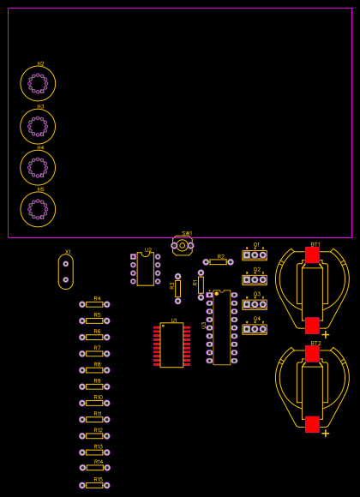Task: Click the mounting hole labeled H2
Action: tap(38, 83)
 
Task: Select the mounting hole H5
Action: tap(38, 209)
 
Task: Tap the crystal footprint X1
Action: tap(66, 272)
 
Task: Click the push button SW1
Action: tap(182, 245)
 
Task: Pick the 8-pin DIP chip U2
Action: tap(146, 269)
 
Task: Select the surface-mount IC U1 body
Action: tap(171, 345)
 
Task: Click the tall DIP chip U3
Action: tap(222, 328)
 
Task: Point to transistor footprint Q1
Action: tap(255, 255)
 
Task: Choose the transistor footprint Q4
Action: tap(255, 329)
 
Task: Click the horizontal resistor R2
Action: tap(219, 262)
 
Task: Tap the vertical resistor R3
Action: tap(178, 289)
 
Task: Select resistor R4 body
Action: tap(94, 304)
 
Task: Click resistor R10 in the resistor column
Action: tap(94, 403)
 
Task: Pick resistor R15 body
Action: tap(94, 485)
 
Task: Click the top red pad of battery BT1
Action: tap(312, 255)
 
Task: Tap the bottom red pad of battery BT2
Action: tap(312, 424)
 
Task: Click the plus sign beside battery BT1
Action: tap(326, 335)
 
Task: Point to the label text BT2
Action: tap(315, 343)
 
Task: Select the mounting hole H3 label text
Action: tap(40, 107)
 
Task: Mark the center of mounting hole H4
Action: tap(38, 168)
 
